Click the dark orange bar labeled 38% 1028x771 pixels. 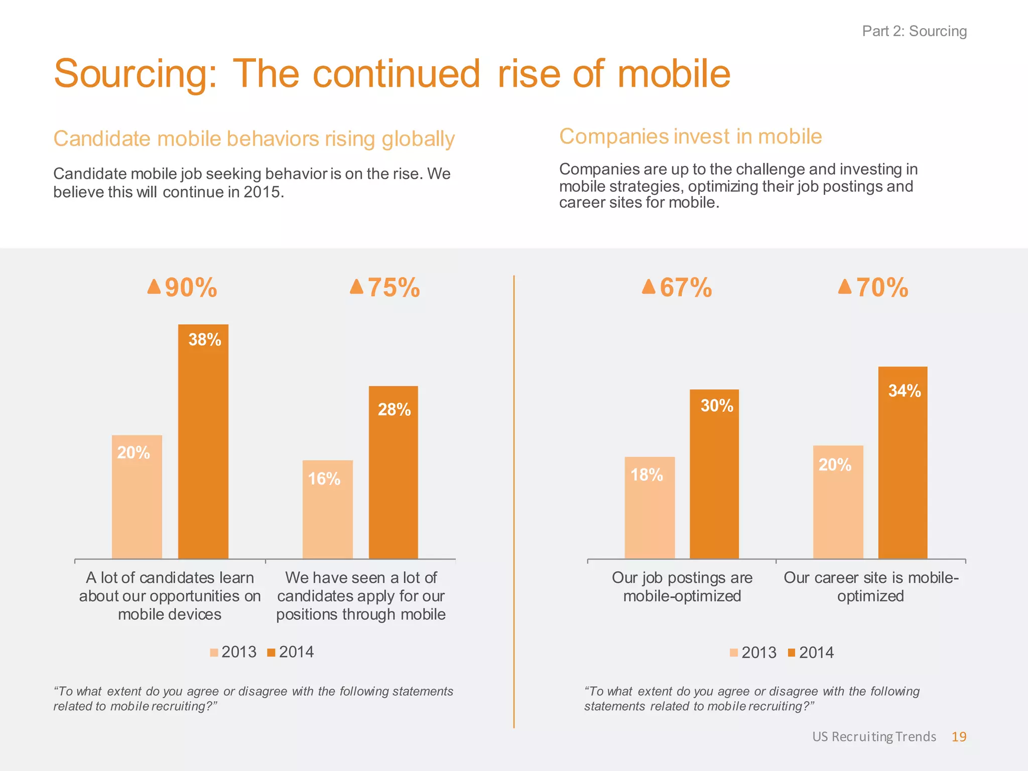(x=203, y=442)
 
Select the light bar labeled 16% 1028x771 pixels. (x=327, y=509)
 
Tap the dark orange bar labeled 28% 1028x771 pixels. (x=394, y=472)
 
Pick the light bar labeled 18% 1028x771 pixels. (x=650, y=507)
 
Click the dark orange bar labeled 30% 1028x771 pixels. (x=714, y=474)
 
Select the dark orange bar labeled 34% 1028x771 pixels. (x=903, y=462)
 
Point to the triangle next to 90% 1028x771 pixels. (x=154, y=287)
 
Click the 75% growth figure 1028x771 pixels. (x=394, y=288)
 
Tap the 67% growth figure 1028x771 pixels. (x=686, y=288)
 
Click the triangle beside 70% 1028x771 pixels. (x=845, y=287)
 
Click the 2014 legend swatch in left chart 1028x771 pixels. (x=272, y=653)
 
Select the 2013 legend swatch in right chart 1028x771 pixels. (x=734, y=653)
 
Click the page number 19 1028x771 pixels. (x=959, y=736)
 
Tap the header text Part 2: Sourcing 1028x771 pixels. (x=914, y=31)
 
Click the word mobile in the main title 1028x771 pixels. (x=674, y=74)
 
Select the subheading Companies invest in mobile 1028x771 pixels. (x=690, y=137)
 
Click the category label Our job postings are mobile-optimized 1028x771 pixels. (x=682, y=586)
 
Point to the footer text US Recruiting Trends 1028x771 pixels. (x=874, y=736)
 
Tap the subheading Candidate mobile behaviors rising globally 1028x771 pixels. (x=254, y=139)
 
